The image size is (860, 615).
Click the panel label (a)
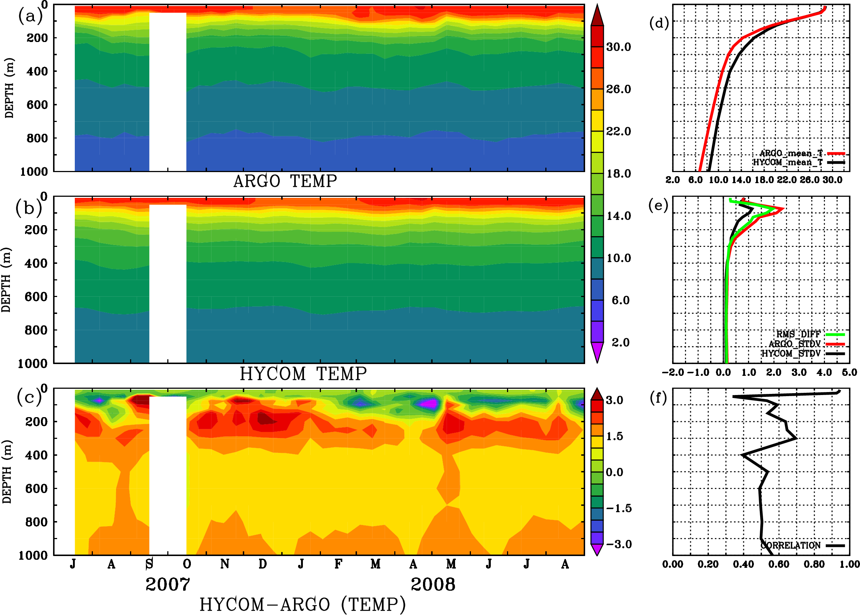30,16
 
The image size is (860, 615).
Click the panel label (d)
659,23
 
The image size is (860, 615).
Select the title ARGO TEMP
285,181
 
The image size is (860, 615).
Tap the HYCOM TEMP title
303,374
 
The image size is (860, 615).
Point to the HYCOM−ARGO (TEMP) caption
303,604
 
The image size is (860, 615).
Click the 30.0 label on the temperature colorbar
618,47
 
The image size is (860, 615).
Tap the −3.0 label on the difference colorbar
619,544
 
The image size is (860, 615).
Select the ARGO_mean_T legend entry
791,153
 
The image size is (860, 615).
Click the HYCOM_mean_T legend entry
788,163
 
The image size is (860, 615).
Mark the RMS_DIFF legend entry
798,334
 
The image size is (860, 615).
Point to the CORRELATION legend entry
791,546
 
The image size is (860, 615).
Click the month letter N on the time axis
225,564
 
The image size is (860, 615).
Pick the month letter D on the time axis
262,564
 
